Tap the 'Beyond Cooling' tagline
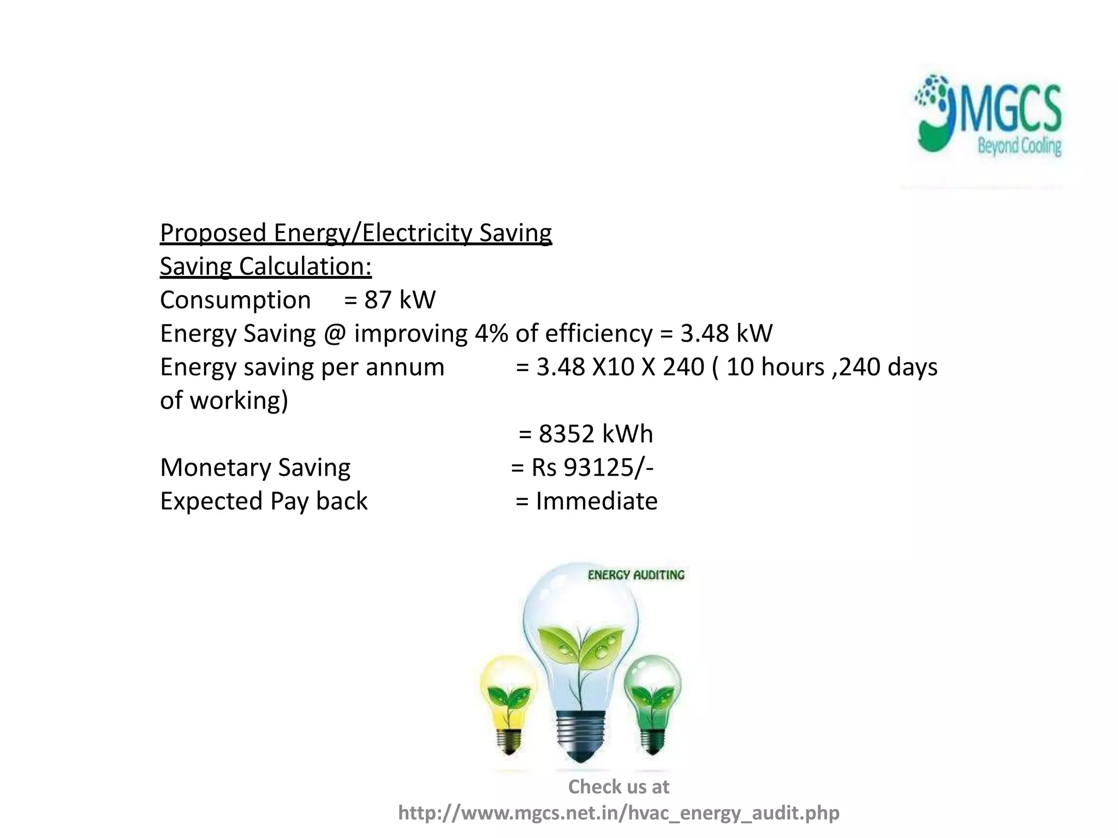pos(1019,146)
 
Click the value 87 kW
pos(400,300)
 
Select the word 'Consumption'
pos(235,300)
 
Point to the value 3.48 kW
pos(726,333)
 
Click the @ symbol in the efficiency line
pos(334,333)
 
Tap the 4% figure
pos(491,333)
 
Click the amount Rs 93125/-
pos(592,468)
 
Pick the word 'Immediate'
pos(597,501)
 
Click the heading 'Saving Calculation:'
pos(266,267)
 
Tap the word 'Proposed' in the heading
pos(213,233)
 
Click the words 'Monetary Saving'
pos(255,468)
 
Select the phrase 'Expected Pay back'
pos(264,501)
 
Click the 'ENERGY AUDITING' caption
pos(636,575)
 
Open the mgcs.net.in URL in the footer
pos(619,813)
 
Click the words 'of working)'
pos(224,400)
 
